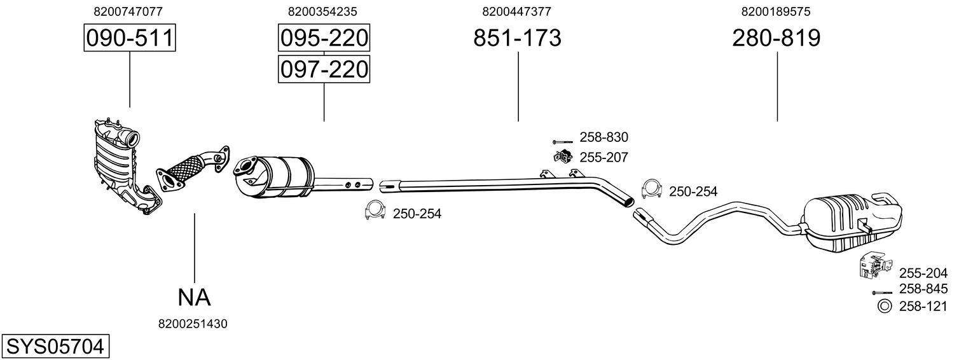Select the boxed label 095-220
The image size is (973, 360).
click(324, 38)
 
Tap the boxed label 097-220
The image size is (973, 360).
click(324, 69)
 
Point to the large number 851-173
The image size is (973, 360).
click(517, 38)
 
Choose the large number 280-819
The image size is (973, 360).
click(776, 38)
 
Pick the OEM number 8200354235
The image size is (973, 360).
click(322, 11)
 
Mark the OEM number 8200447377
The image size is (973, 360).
click(517, 11)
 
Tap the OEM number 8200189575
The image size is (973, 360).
click(776, 11)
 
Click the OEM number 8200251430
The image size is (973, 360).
click(193, 324)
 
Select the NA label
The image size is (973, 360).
click(194, 296)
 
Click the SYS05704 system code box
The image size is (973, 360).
click(55, 347)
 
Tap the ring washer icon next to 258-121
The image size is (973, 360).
click(884, 307)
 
